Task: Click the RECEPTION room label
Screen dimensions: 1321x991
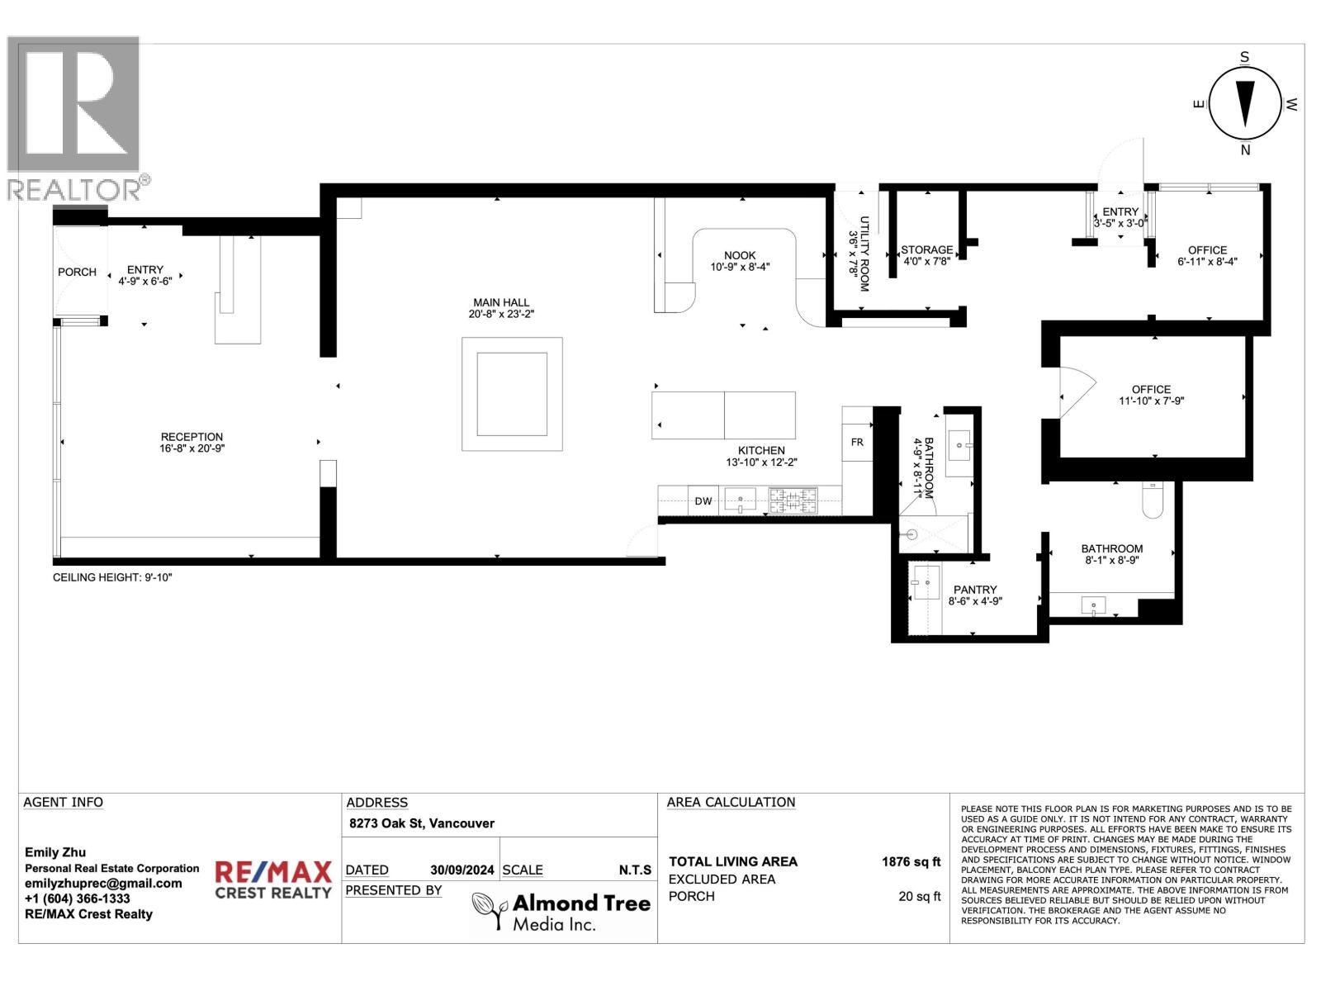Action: coord(192,437)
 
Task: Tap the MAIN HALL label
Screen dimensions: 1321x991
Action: coord(500,302)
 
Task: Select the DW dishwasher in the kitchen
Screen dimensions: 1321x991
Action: coord(703,500)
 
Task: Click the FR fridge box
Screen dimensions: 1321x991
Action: coord(857,443)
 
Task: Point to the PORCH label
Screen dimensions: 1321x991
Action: coord(77,272)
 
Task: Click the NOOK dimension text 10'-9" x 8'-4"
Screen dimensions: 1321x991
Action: coord(740,267)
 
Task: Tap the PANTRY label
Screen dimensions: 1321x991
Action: coord(975,590)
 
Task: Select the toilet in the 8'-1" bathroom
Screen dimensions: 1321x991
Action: coord(1153,499)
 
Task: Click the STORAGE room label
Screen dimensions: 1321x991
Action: coord(927,249)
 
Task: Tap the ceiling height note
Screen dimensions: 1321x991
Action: coord(112,577)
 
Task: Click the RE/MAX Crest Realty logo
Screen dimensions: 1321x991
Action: coord(273,880)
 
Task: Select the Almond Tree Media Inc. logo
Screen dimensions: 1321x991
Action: coord(561,911)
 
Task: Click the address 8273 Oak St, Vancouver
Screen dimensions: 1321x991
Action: coord(422,823)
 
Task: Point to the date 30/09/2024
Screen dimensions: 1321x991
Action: coord(462,870)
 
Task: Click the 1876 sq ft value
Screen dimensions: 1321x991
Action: coord(911,861)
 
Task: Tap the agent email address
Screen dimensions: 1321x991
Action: coord(103,884)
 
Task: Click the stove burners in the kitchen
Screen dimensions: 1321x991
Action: coord(793,501)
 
